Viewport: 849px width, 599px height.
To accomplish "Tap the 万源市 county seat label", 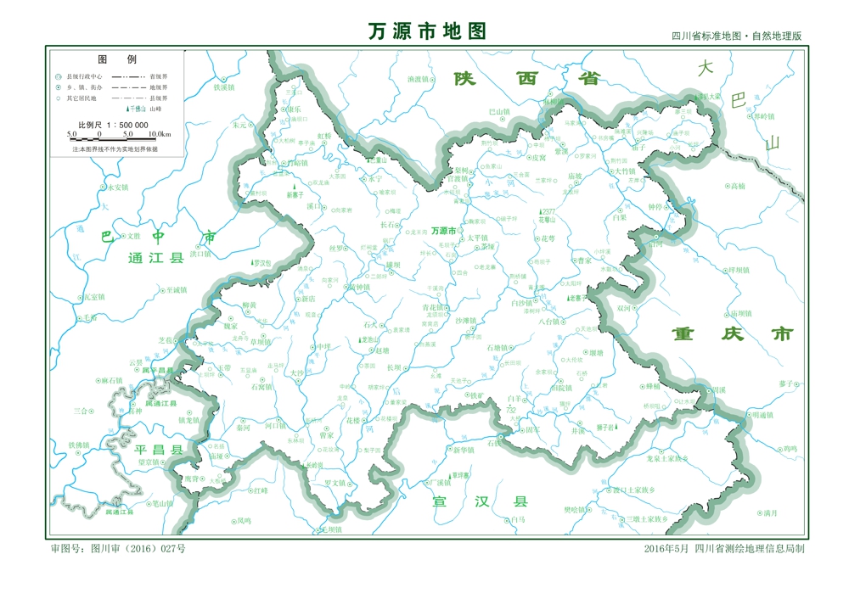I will [x=443, y=231].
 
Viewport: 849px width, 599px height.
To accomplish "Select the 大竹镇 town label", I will [x=624, y=171].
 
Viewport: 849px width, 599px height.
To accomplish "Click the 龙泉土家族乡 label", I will [x=666, y=459].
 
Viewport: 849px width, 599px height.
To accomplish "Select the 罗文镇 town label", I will [x=335, y=483].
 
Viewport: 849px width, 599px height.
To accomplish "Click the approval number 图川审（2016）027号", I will [x=119, y=549].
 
